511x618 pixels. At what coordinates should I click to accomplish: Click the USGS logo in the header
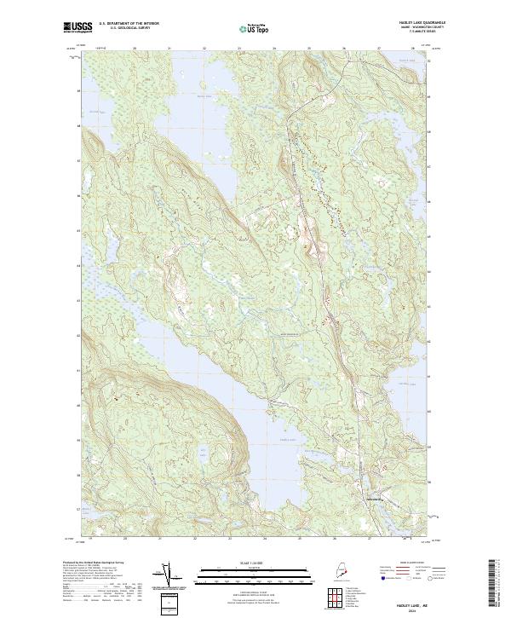pos(77,27)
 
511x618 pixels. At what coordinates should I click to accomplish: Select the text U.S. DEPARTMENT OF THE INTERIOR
pos(129,24)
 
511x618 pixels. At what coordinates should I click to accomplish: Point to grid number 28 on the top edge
pos(413,49)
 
